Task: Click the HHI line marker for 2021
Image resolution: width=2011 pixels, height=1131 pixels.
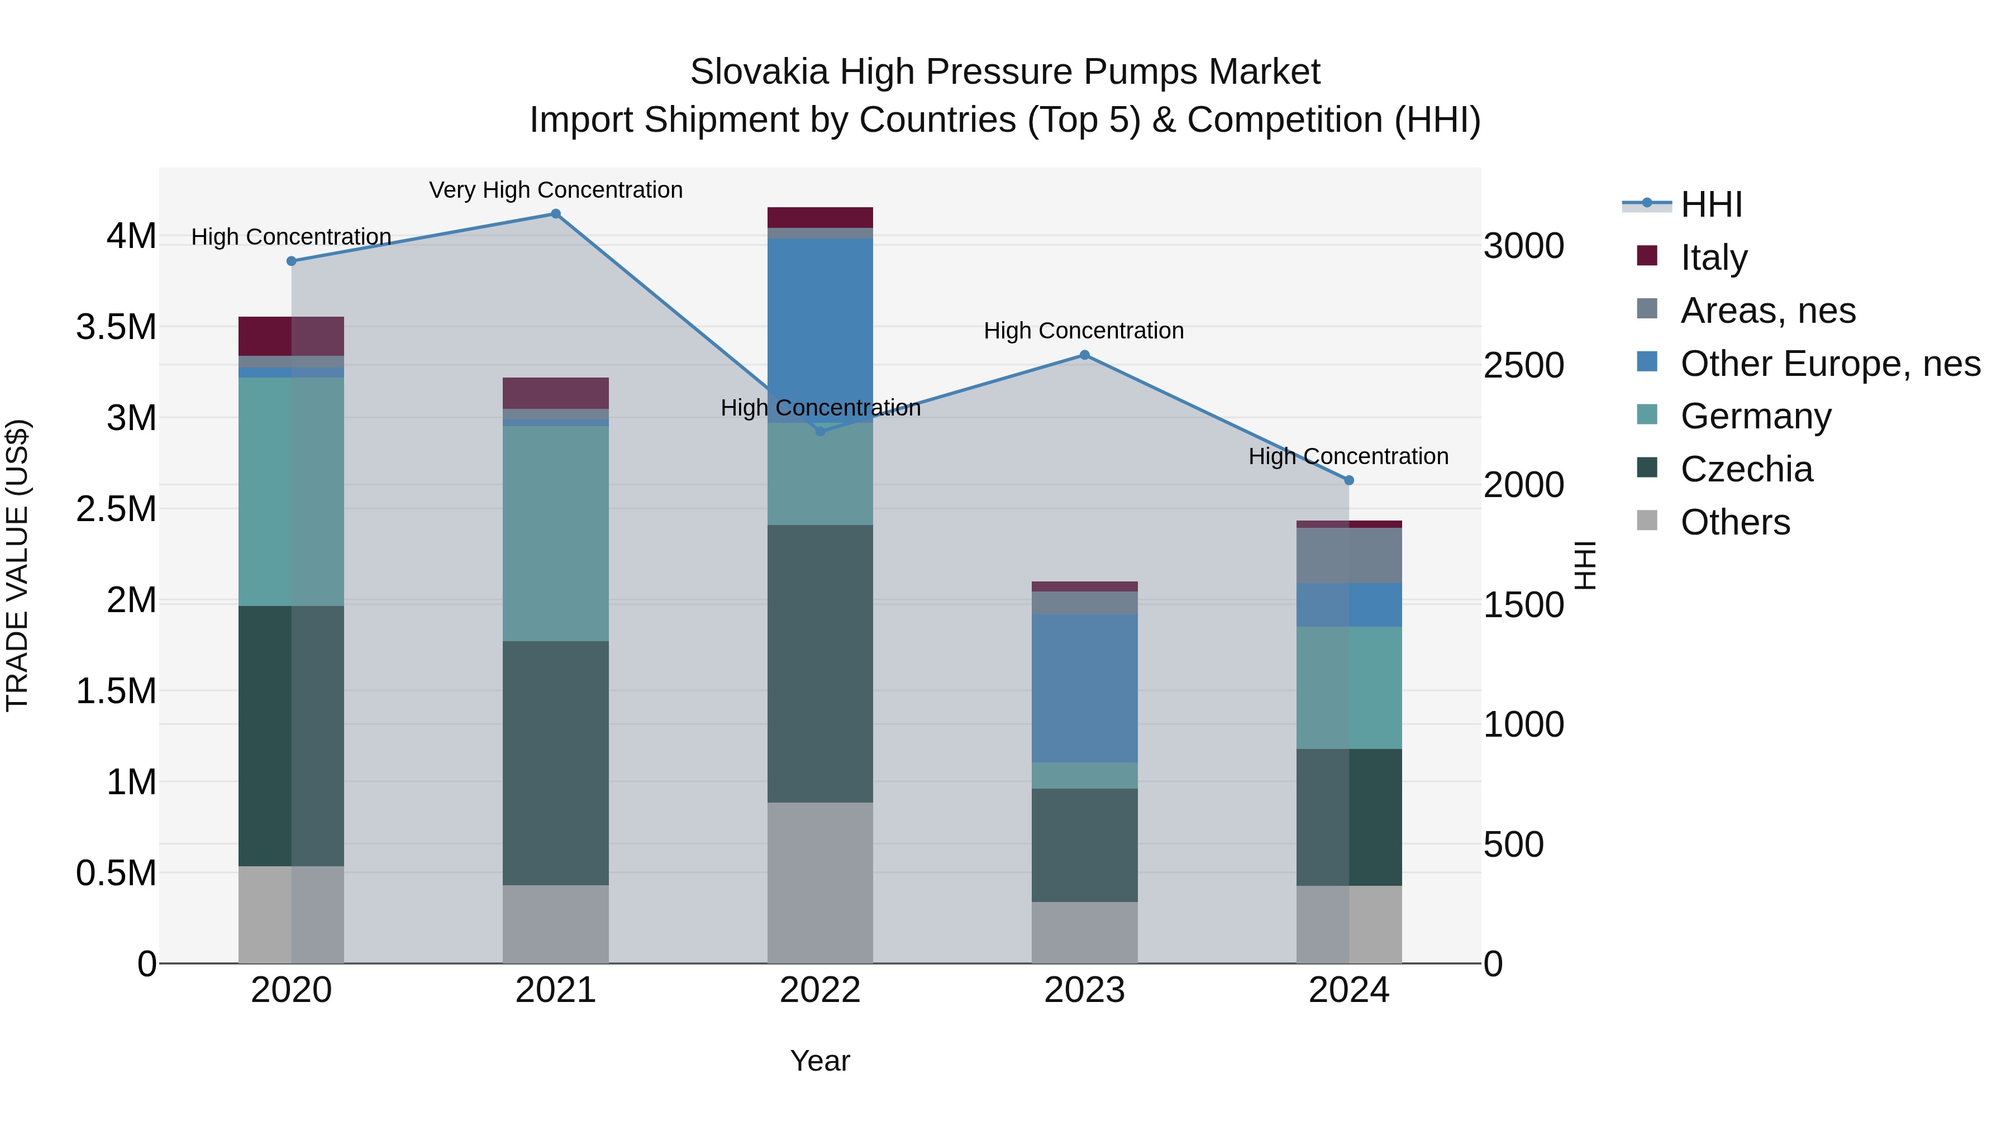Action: pos(555,214)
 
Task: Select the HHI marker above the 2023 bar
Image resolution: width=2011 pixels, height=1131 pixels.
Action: pos(1084,355)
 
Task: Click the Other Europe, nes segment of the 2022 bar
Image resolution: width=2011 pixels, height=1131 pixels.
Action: pos(819,328)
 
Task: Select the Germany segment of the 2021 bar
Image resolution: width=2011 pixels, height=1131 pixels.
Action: pos(555,533)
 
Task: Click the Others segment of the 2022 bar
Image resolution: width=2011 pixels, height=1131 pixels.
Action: pos(819,882)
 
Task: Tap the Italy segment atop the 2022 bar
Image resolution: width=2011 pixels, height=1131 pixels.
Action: pos(819,217)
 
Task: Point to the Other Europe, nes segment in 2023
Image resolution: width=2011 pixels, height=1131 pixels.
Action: pos(1084,688)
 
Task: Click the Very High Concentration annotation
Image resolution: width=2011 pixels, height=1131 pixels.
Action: pos(555,190)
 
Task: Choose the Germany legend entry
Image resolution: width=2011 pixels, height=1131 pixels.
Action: pos(1755,416)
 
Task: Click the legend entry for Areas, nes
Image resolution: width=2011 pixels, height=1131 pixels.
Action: pos(1767,311)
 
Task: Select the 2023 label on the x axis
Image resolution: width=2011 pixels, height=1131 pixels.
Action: pos(1084,990)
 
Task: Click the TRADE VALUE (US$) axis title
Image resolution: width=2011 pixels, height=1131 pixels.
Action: pos(17,565)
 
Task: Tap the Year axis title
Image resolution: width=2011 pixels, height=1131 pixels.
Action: pos(819,1061)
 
